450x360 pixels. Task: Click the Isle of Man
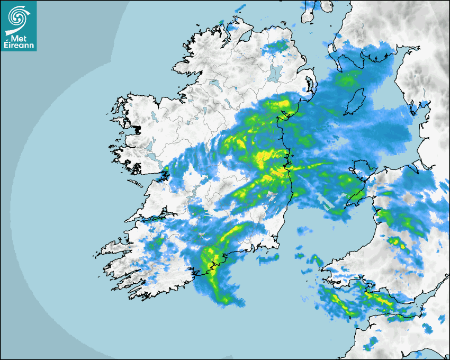click(x=354, y=102)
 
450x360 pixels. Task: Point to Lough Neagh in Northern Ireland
click(x=275, y=72)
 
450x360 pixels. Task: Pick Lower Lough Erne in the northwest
click(x=214, y=84)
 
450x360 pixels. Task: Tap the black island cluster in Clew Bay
click(x=137, y=129)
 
